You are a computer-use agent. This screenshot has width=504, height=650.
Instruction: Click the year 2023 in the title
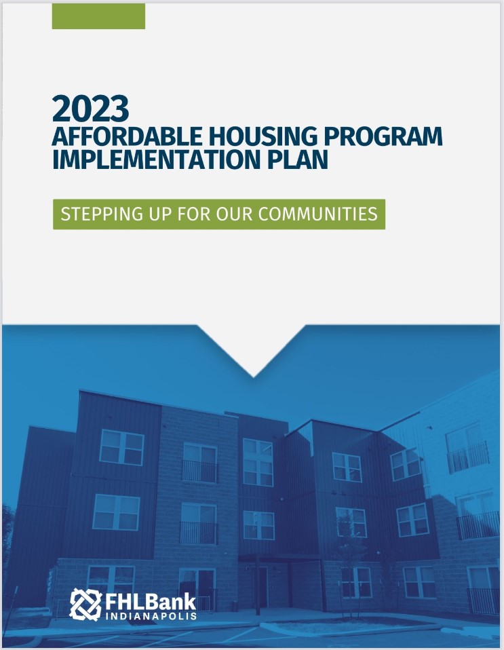pyautogui.click(x=90, y=108)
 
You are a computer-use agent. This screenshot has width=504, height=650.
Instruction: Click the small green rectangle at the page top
pyautogui.click(x=98, y=16)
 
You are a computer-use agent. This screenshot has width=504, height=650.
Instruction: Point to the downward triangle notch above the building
pyautogui.click(x=253, y=356)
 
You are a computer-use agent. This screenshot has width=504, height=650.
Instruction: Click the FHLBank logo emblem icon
pyautogui.click(x=85, y=604)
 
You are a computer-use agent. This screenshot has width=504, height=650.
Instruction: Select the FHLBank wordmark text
pyautogui.click(x=151, y=600)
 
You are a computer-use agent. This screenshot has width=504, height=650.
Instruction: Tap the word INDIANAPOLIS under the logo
pyautogui.click(x=151, y=617)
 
